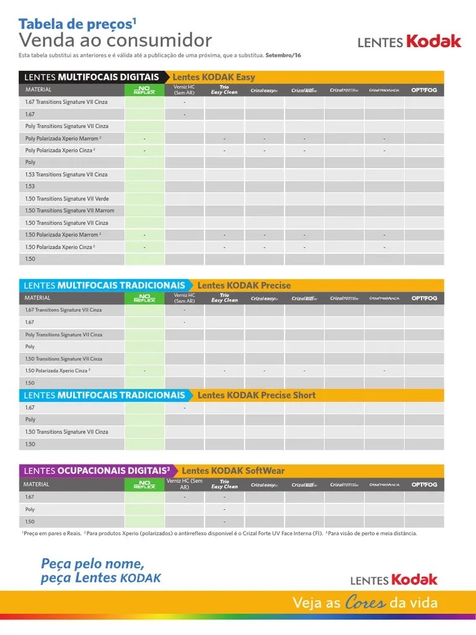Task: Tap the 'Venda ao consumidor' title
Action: click(115, 41)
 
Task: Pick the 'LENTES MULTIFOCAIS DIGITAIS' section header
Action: click(91, 78)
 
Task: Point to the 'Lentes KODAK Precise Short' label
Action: click(256, 395)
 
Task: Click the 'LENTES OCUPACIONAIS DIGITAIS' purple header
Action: click(97, 471)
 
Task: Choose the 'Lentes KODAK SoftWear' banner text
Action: click(233, 471)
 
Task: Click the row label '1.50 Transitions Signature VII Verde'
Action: click(67, 199)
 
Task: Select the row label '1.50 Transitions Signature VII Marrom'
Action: click(69, 211)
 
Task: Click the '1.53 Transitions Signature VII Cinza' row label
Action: click(66, 175)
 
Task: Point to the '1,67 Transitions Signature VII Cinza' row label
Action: click(63, 310)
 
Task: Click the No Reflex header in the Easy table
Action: click(144, 90)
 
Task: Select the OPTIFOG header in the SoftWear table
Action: click(424, 484)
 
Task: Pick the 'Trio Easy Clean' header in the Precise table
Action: click(224, 298)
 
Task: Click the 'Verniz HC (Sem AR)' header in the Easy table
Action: click(184, 90)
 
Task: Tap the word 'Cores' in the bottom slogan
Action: click(364, 603)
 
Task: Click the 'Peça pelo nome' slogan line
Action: click(92, 564)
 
